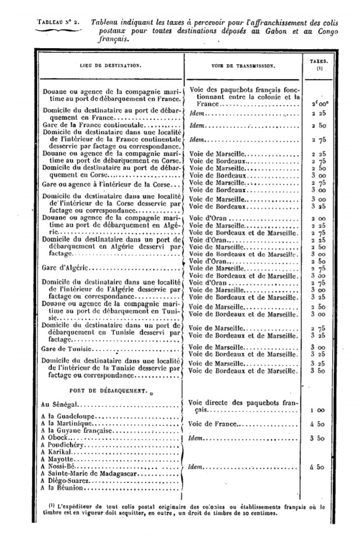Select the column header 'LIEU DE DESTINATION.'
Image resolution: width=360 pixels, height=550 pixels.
(109, 66)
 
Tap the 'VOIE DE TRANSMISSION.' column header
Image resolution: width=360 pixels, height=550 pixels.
(244, 66)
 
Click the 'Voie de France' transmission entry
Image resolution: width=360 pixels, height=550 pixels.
(213, 424)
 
